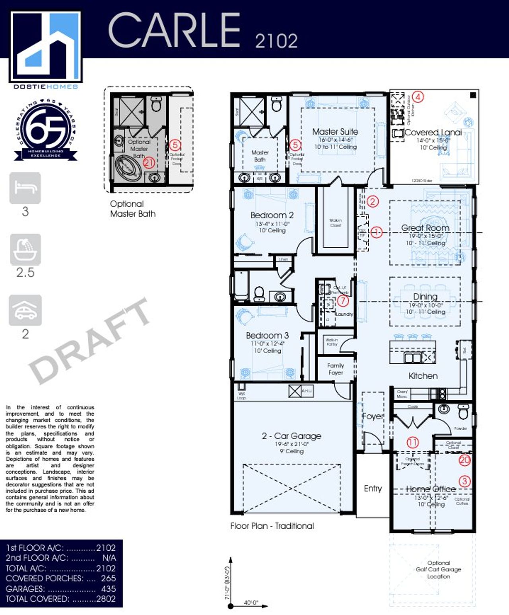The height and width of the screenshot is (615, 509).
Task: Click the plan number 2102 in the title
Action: pyautogui.click(x=276, y=41)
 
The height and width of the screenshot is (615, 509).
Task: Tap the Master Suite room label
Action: pyautogui.click(x=335, y=131)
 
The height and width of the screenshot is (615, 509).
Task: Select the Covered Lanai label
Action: pyautogui.click(x=433, y=133)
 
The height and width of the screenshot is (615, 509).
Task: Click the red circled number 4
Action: pyautogui.click(x=418, y=96)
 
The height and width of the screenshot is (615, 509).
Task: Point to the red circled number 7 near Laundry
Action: pyautogui.click(x=343, y=301)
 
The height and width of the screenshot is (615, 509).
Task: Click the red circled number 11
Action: pyautogui.click(x=412, y=442)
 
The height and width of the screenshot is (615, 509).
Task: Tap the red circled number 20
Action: pyautogui.click(x=464, y=460)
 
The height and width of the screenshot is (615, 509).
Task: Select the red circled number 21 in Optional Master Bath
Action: pyautogui.click(x=148, y=162)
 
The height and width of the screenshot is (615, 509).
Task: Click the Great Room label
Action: pyautogui.click(x=425, y=228)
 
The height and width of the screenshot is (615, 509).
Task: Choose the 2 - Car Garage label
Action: pyautogui.click(x=291, y=436)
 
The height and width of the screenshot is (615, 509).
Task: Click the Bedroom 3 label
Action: pyautogui.click(x=267, y=335)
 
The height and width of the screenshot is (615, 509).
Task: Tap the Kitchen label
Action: pyautogui.click(x=423, y=376)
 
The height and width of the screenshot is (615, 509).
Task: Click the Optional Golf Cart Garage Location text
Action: pyautogui.click(x=438, y=569)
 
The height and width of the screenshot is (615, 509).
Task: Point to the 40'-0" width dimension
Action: pyautogui.click(x=251, y=603)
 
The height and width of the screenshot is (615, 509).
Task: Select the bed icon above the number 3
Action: pyautogui.click(x=25, y=188)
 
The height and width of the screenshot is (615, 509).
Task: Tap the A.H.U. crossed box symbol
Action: pyautogui.click(x=295, y=391)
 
